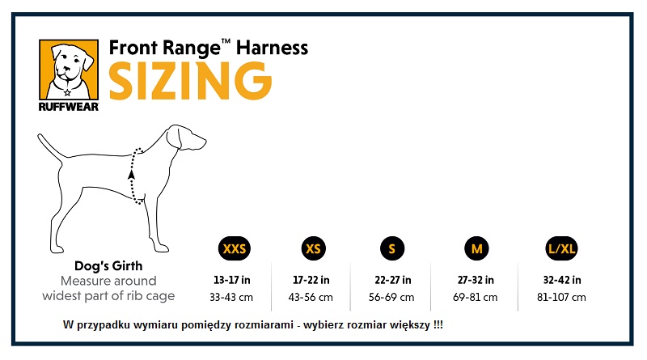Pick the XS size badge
[x=312, y=248]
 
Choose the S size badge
[x=391, y=248]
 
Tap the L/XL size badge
[x=561, y=248]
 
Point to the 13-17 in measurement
[x=232, y=280]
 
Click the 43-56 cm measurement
[x=311, y=297]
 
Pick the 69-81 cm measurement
[x=476, y=297]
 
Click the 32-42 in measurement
[x=562, y=280]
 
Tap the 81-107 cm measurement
[x=562, y=297]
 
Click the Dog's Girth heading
[x=108, y=266]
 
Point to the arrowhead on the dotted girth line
[x=131, y=172]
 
